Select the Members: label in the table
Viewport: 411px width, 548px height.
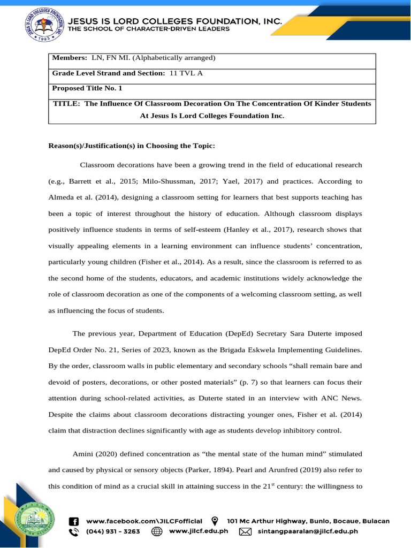pos(69,58)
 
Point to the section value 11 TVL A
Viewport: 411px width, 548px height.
pos(186,73)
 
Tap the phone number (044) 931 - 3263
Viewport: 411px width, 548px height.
pos(113,531)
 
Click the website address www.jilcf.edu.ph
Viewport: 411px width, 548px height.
pos(199,531)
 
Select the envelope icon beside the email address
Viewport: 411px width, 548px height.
pos(245,531)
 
